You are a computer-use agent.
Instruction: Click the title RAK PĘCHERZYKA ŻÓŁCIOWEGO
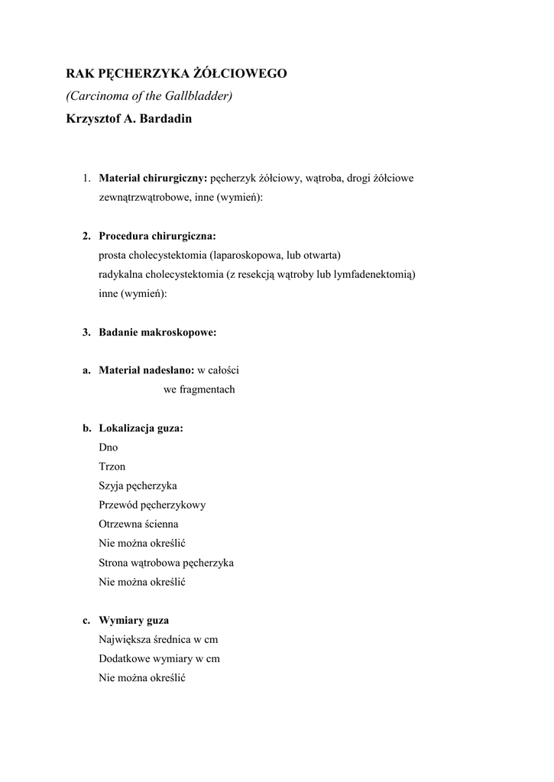point(177,74)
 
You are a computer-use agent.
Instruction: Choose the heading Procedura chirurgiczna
point(157,236)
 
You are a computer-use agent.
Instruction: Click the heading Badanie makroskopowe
point(157,332)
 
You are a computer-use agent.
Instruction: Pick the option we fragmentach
point(199,389)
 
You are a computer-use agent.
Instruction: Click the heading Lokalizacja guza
point(141,428)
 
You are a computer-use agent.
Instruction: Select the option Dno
point(109,448)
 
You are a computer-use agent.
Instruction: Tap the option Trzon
point(112,467)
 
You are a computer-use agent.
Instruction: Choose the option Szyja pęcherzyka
point(138,486)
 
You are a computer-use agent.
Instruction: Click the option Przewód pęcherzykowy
point(152,505)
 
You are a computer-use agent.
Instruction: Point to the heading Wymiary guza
point(134,620)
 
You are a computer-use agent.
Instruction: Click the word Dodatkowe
point(123,658)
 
